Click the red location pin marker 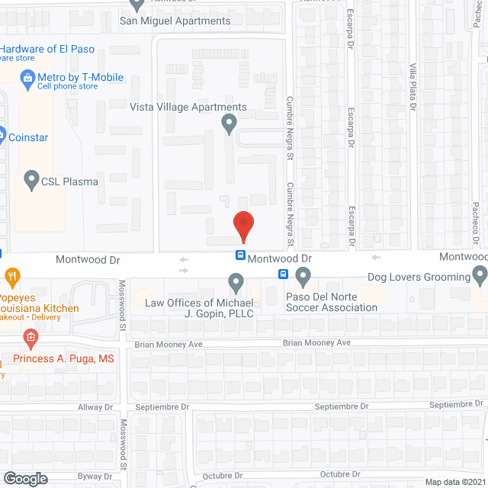(242, 224)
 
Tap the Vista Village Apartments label (188, 108)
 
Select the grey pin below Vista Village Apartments (228, 123)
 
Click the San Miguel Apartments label (175, 21)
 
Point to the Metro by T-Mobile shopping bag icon (27, 77)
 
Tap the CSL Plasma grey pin (31, 181)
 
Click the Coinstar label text (29, 137)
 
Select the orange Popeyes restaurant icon (11, 275)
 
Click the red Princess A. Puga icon (30, 337)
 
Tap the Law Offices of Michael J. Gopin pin (236, 284)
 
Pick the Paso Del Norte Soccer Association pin (303, 275)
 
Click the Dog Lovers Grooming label (419, 278)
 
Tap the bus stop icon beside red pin (240, 255)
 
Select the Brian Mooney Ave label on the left (168, 345)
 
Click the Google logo (24, 478)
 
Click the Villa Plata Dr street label (413, 88)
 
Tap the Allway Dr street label (95, 408)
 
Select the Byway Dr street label (95, 477)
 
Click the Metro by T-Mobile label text (80, 77)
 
